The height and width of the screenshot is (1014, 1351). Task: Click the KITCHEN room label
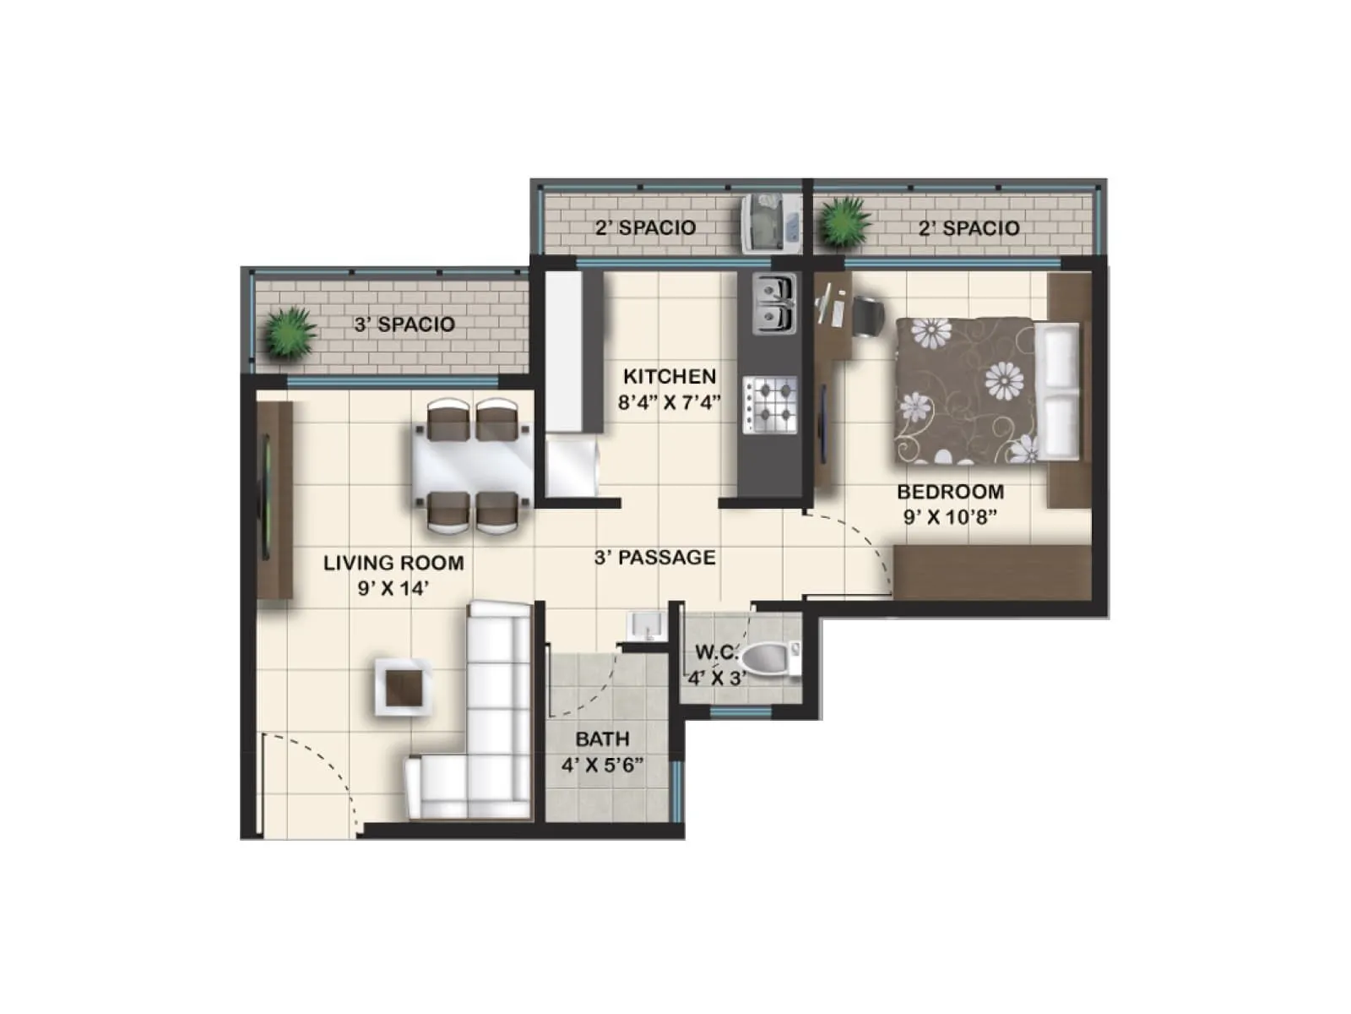pos(669,376)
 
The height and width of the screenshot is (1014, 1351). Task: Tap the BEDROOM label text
pos(950,492)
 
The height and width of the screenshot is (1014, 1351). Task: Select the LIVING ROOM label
pos(393,563)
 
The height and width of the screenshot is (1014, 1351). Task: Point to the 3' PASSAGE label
pos(655,558)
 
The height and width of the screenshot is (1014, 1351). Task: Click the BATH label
pos(602,739)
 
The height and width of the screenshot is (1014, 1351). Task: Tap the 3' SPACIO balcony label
pos(404,324)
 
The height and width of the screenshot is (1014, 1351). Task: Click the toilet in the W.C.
pos(770,662)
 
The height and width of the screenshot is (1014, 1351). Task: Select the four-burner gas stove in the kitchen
pos(769,406)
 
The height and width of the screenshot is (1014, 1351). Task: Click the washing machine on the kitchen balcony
pos(769,223)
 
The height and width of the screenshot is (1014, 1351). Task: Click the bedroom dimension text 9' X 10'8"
pos(951,517)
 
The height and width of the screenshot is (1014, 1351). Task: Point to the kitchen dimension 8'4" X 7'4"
pos(669,402)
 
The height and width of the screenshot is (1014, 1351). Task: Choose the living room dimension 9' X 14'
pos(393,589)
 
